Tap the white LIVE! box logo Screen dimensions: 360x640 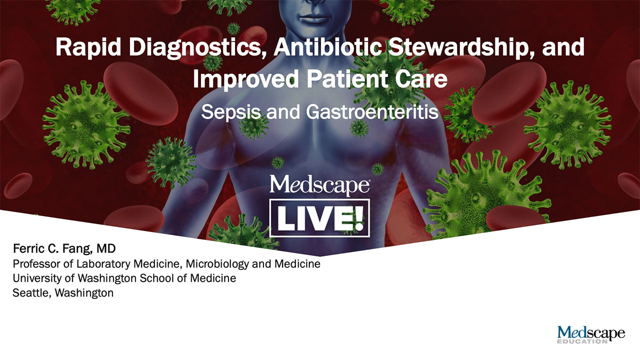(x=319, y=218)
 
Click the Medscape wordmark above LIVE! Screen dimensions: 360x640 (x=319, y=185)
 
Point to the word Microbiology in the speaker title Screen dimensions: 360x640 (x=220, y=263)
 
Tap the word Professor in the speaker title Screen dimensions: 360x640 (x=34, y=263)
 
